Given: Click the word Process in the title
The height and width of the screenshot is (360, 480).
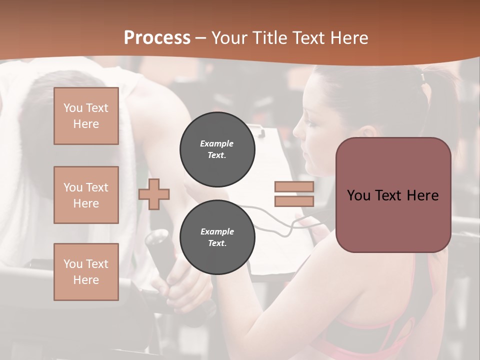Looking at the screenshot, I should [x=157, y=38].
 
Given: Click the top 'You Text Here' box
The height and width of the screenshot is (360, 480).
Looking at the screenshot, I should [x=86, y=116].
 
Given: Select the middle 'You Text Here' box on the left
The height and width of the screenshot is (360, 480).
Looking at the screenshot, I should [x=86, y=195].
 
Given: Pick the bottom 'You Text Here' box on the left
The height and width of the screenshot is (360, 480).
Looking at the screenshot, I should [x=86, y=271].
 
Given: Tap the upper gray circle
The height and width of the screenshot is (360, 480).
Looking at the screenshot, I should [x=217, y=149].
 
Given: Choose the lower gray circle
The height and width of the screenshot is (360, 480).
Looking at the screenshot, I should [x=217, y=237].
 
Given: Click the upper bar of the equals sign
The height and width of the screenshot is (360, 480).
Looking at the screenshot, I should [x=294, y=186].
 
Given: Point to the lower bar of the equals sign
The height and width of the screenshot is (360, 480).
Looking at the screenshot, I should [x=294, y=201].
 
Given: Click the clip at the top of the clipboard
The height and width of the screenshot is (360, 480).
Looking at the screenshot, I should [x=259, y=132].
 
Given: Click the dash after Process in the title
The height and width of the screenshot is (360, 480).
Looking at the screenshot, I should [x=201, y=38].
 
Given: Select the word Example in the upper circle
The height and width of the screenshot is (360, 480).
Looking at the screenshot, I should [x=217, y=143].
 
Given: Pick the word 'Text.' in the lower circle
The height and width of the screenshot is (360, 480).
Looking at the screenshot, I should [x=217, y=243].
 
